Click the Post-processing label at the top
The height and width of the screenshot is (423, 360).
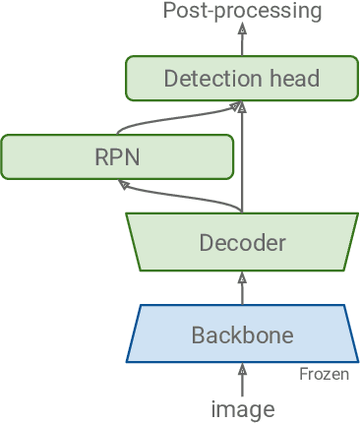(242, 12)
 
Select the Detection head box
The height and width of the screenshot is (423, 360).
(242, 79)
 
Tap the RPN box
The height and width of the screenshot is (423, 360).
(117, 157)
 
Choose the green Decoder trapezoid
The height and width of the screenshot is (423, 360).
(242, 242)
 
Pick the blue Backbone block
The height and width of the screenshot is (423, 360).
(242, 333)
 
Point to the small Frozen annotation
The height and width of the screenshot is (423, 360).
(324, 375)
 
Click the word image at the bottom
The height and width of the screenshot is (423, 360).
(242, 408)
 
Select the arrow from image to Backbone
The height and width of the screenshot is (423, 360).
(242, 379)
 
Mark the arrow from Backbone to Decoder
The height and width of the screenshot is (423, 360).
(242, 288)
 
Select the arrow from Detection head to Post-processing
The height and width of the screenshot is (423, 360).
(242, 41)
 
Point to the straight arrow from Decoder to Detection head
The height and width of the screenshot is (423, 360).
(242, 157)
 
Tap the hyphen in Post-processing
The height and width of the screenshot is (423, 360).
(206, 13)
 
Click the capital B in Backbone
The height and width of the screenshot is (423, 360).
(198, 334)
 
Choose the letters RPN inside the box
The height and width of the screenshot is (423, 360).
(117, 157)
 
